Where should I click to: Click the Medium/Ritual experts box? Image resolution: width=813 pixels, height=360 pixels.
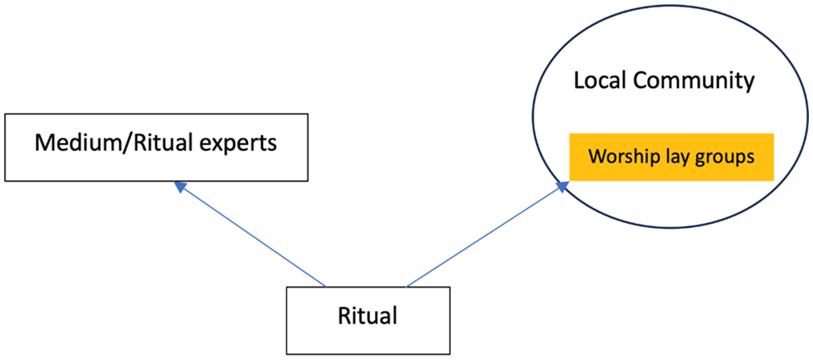[156, 147]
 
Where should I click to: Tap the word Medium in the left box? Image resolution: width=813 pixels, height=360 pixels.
[68, 143]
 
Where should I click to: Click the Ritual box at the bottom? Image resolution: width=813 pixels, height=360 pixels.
[368, 321]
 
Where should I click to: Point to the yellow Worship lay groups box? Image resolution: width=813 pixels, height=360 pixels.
[671, 157]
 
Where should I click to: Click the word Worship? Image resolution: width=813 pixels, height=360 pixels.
[617, 157]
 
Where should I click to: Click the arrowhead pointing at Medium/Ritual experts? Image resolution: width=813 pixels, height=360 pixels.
[180, 186]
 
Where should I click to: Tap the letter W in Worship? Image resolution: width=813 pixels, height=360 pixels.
[596, 157]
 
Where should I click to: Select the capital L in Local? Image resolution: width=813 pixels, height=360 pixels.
[579, 82]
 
